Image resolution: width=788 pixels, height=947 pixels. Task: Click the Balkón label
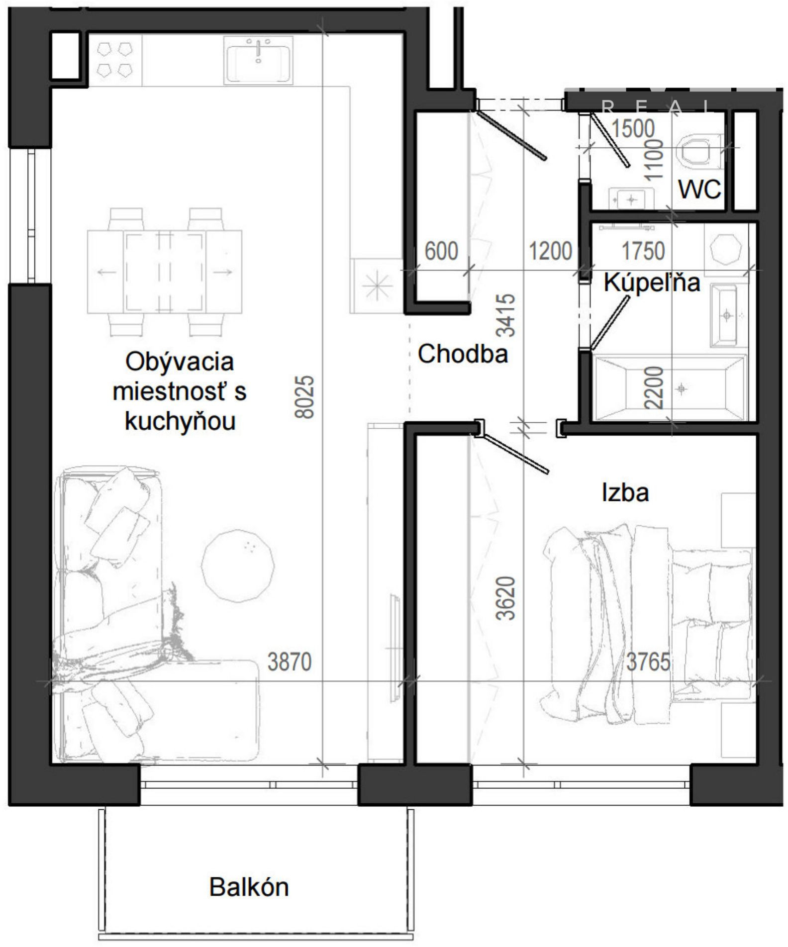coord(249,887)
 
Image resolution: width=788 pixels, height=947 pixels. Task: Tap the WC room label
coord(699,189)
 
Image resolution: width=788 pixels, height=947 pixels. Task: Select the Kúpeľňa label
coord(652,283)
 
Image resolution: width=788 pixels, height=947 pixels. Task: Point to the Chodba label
coord(463,354)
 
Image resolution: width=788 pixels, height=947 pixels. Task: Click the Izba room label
coord(625,492)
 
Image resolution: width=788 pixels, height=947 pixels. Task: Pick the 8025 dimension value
coord(305,396)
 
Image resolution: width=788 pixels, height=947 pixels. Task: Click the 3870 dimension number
coord(290,662)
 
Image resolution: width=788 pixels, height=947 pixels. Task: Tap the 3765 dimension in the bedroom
coord(648,662)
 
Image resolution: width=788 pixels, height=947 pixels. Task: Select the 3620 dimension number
coord(506,598)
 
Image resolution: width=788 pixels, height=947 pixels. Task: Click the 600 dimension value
coord(441,251)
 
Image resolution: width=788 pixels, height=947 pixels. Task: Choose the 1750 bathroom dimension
coord(643,251)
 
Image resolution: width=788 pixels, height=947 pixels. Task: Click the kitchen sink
coord(258,60)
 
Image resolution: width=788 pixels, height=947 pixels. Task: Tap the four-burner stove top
coord(115,60)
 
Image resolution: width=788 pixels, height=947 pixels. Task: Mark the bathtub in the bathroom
coord(670,388)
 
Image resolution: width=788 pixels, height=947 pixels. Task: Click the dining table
coord(164,272)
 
